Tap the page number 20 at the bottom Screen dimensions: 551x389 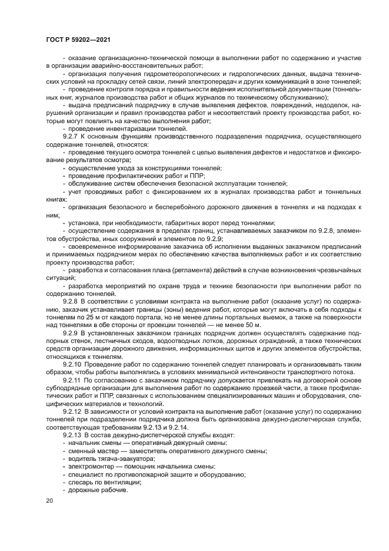(49, 501)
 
